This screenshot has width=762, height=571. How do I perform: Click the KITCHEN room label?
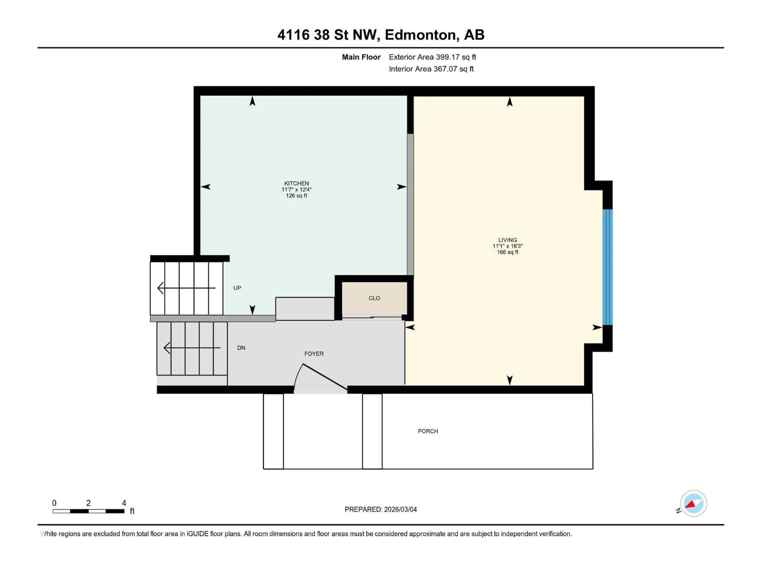296,183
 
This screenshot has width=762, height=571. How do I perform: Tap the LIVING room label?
507,240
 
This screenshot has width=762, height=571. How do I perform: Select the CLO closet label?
374,298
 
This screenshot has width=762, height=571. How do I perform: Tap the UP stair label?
237,288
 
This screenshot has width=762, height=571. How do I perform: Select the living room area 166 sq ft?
507,252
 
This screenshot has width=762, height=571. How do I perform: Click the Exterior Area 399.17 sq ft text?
432,57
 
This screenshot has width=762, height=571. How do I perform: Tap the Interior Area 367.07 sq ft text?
431,69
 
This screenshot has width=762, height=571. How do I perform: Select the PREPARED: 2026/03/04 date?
381,509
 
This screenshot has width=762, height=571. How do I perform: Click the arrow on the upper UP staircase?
186,288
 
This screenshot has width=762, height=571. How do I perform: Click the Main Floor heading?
361,57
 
